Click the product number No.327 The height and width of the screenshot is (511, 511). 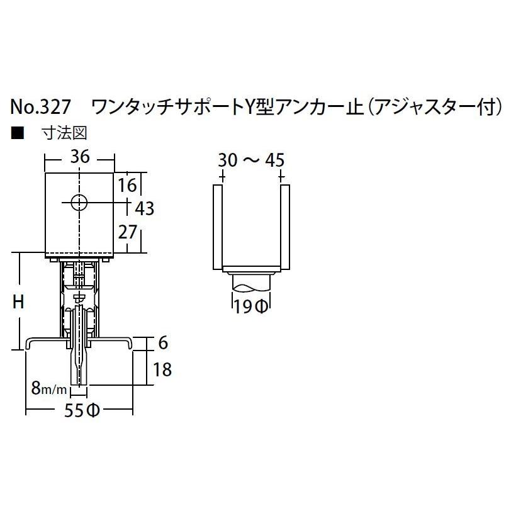pos(41,108)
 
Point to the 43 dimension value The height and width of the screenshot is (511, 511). pos(145,208)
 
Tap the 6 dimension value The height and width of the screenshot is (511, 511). pos(162,343)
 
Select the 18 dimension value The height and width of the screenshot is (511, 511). pos(162,369)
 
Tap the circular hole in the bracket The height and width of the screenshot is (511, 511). pos(79,203)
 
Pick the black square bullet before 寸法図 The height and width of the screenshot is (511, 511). pos(17,133)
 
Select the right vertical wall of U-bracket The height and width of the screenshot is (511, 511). pos(284,227)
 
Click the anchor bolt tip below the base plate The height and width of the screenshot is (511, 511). pos(80,378)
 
